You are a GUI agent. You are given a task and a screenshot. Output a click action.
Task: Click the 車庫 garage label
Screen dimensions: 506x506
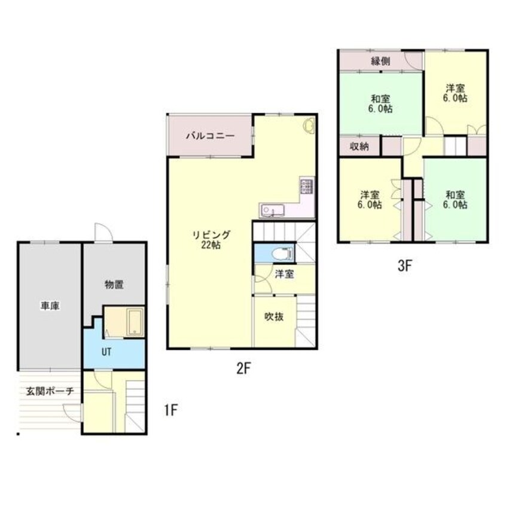50,306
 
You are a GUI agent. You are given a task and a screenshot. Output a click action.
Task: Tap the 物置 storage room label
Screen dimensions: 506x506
114,285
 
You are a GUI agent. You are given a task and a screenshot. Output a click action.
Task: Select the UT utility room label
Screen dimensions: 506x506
106,352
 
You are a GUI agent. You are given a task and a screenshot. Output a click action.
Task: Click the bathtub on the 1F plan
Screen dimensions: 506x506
135,322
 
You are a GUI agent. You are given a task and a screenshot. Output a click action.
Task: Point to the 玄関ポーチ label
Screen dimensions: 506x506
50,391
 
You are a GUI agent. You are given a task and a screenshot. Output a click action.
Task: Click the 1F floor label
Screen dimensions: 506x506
171,410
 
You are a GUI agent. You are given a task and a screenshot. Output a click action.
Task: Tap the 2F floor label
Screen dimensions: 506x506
244,368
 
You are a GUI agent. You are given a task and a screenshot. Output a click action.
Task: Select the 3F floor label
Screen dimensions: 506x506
406,266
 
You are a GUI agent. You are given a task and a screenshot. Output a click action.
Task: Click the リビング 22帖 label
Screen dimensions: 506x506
211,240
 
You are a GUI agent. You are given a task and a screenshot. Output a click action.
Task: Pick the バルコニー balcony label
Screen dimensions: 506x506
211,136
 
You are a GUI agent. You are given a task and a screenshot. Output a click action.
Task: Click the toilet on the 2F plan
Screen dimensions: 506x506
283,254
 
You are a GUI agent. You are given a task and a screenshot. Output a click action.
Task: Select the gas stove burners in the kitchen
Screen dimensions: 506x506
306,186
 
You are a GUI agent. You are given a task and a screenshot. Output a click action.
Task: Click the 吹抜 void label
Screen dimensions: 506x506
274,316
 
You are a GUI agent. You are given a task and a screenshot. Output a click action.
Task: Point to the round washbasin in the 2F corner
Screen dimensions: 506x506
309,125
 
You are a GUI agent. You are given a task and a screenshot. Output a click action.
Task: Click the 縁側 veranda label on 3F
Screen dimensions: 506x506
381,61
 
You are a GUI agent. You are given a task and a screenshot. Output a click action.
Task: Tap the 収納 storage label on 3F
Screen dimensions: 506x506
359,147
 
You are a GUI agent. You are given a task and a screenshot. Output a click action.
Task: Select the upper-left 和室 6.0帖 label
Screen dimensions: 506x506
381,103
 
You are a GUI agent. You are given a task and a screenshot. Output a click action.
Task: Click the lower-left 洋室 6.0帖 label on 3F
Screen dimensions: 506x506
370,200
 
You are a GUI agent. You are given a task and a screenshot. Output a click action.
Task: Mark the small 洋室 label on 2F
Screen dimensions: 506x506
284,275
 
